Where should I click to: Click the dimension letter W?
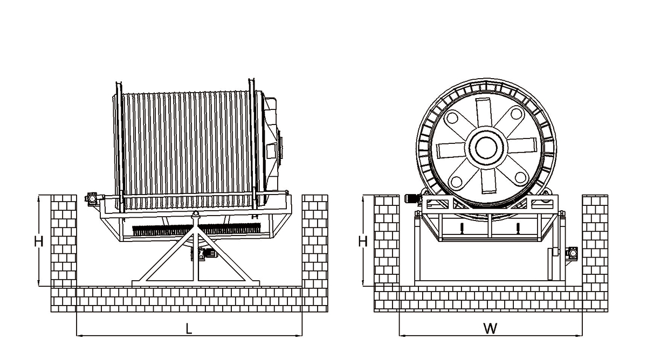coord(490,328)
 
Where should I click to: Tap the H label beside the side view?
coord(38,241)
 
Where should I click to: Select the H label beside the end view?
coord(363,240)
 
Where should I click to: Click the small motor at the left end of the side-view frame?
coord(92,198)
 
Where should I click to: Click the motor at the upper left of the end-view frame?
coord(411,198)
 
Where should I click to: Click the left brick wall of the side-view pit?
coord(64,240)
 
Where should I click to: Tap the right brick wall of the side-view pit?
coord(315,240)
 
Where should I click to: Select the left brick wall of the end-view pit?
coord(387,239)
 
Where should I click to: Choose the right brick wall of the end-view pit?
coord(595,239)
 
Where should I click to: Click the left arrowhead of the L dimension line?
coord(80,335)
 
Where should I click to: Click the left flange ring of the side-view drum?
coord(120,146)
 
